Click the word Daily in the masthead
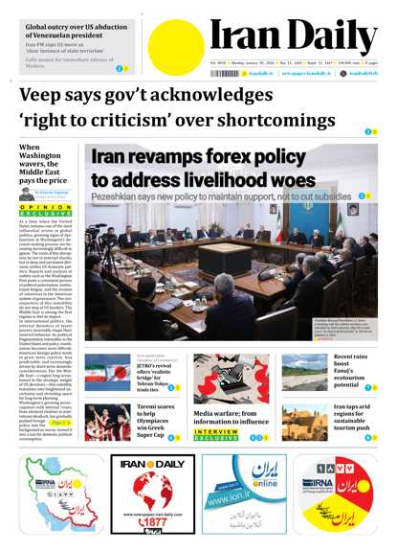pyautogui.click(x=327, y=37)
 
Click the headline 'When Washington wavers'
pyautogui.click(x=43, y=164)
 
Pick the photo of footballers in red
pyautogui.click(x=107, y=421)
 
